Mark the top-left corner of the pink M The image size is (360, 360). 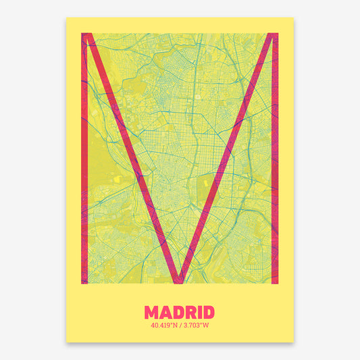tap(83, 34)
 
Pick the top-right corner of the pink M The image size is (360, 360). tap(276, 34)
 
